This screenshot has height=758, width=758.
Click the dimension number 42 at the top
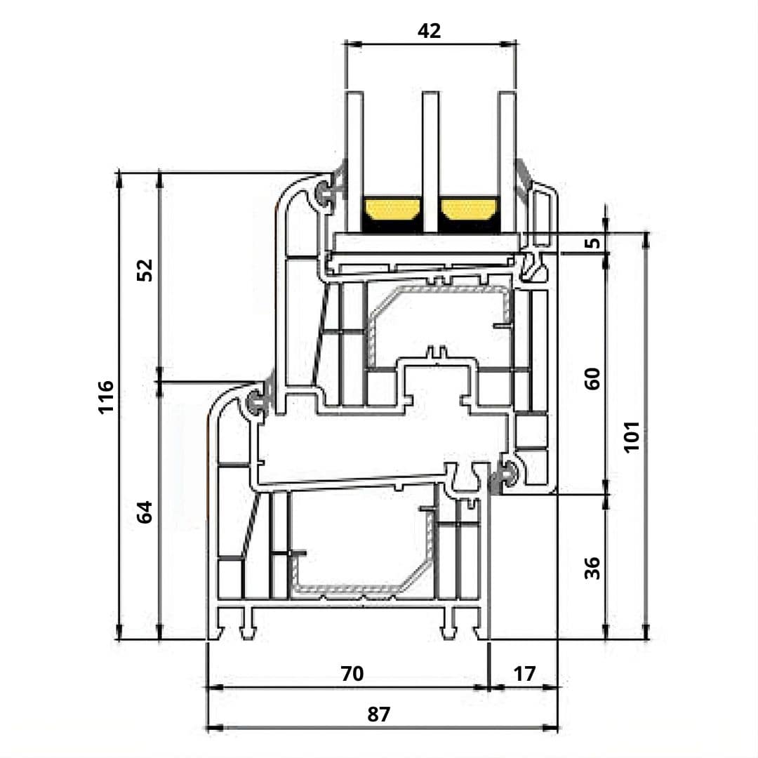click(429, 31)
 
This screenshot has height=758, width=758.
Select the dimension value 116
click(105, 397)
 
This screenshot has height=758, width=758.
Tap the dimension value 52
click(144, 270)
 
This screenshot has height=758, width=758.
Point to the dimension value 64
click(144, 512)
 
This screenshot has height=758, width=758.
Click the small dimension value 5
click(593, 243)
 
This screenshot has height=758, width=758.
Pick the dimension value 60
click(593, 379)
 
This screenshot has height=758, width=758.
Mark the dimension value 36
click(593, 567)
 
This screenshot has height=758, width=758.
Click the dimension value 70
click(352, 674)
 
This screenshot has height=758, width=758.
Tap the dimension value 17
click(524, 674)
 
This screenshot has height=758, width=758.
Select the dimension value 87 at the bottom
click(378, 714)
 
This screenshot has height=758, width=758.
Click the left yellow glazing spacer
click(391, 208)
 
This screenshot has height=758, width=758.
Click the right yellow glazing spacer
click(468, 208)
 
